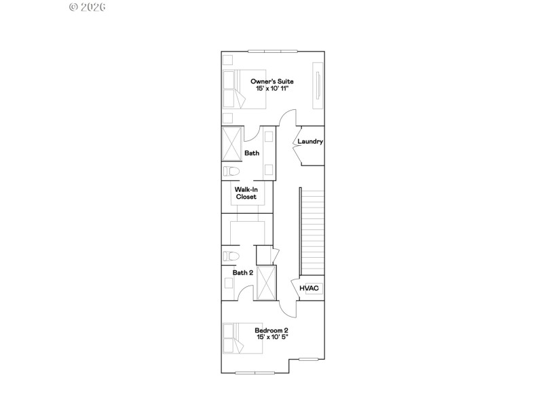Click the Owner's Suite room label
click(271, 81)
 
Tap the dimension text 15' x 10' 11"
click(271, 90)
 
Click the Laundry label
click(310, 142)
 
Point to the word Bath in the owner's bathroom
click(252, 153)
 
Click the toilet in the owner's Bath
click(232, 171)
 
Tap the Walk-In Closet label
click(246, 193)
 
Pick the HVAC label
click(310, 288)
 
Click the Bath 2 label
click(242, 273)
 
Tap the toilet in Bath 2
click(231, 256)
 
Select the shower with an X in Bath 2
click(267, 283)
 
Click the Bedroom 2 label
click(271, 330)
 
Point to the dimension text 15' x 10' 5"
click(271, 338)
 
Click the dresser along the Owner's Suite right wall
click(317, 85)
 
